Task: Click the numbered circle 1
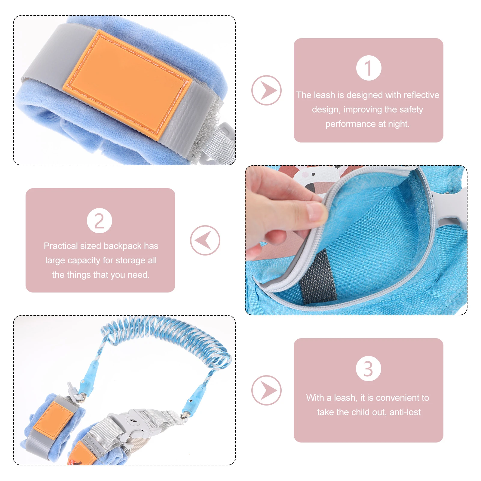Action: pyautogui.click(x=369, y=68)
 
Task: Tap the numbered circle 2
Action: pyautogui.click(x=99, y=221)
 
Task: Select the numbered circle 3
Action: pyautogui.click(x=368, y=369)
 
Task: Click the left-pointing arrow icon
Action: pyautogui.click(x=205, y=240)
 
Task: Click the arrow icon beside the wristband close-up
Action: pyautogui.click(x=266, y=90)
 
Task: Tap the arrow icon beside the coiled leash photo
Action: pyautogui.click(x=266, y=390)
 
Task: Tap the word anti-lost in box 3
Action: pyautogui.click(x=405, y=412)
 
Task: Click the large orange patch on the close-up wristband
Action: pyautogui.click(x=126, y=84)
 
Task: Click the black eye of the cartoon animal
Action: pyautogui.click(x=313, y=174)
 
